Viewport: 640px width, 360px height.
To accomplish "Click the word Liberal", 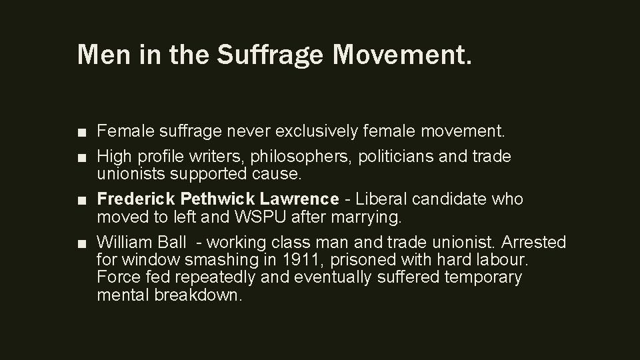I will click(x=380, y=199).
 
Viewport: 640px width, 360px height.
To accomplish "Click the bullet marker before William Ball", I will click(x=81, y=243).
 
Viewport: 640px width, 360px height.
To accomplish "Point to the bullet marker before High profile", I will click(x=81, y=157).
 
